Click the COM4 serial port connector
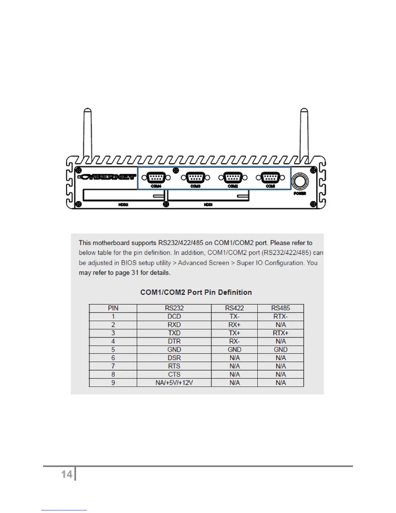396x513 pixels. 156,177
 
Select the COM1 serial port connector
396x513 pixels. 270,177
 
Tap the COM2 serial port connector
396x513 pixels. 233,177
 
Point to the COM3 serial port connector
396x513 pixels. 195,177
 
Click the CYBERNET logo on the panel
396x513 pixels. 107,177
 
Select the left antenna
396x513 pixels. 87,133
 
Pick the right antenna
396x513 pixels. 304,133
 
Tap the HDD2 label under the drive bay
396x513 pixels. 123,205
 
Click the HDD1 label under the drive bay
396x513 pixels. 208,205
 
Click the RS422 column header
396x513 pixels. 234,308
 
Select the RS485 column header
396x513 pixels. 280,308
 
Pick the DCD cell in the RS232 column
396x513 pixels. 174,316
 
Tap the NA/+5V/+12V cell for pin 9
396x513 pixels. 174,382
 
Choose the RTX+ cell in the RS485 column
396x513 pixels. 280,333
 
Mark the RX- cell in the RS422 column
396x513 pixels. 234,341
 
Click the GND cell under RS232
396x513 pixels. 174,349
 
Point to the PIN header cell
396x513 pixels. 113,308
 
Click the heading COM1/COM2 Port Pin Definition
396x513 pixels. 196,292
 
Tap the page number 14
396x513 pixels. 67,474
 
